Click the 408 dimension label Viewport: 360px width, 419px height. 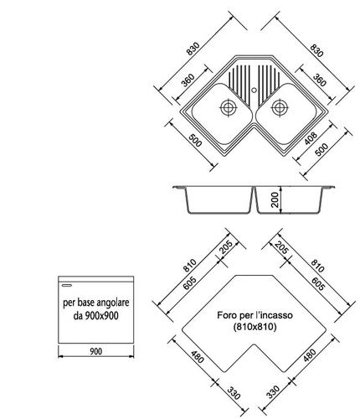coord(311,138)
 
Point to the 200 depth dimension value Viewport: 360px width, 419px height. coord(275,199)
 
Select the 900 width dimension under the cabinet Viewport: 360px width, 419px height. coord(96,351)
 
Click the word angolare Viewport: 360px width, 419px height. coord(113,303)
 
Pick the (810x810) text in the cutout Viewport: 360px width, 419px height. coord(255,327)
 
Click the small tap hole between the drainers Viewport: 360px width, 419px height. coord(254,91)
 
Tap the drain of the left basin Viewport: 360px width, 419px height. coord(229,107)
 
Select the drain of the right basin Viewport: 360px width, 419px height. coord(280,107)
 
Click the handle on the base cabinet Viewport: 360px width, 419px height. coord(67,286)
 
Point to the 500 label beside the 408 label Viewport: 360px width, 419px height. coord(321,150)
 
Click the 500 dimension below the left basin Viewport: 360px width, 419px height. coord(195,141)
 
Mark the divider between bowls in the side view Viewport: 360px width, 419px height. coord(254,199)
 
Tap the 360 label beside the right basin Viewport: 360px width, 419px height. coord(319,80)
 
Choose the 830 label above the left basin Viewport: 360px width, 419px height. coord(193,49)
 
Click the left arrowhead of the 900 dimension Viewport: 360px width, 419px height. coord(60,356)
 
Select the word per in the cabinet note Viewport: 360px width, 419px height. coord(68,303)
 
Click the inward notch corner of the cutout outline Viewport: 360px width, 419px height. coord(255,344)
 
